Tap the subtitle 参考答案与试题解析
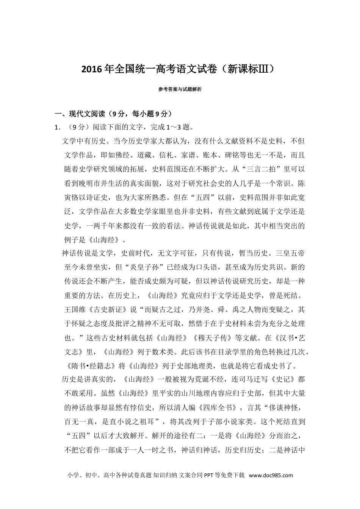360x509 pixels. click(x=180, y=89)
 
